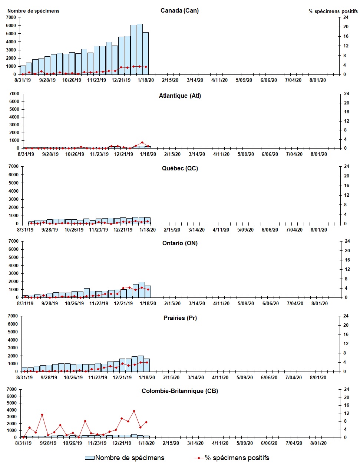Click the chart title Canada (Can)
[x=179, y=10]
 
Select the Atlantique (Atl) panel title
[x=180, y=96]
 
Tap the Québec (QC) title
[x=180, y=169]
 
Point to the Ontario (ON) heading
[x=180, y=243]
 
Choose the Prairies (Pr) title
[x=180, y=318]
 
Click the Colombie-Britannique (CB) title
[x=180, y=391]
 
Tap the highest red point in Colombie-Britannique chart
[x=134, y=411]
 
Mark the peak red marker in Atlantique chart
[x=142, y=143]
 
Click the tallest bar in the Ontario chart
[x=142, y=290]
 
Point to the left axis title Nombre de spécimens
[x=33, y=11]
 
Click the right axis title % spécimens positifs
[x=333, y=11]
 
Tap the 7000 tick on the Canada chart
[x=11, y=17]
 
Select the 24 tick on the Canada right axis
[x=346, y=17]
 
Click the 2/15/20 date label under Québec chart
[x=172, y=230]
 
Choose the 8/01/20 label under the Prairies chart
[x=318, y=377]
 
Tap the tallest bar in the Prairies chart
[x=141, y=364]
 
